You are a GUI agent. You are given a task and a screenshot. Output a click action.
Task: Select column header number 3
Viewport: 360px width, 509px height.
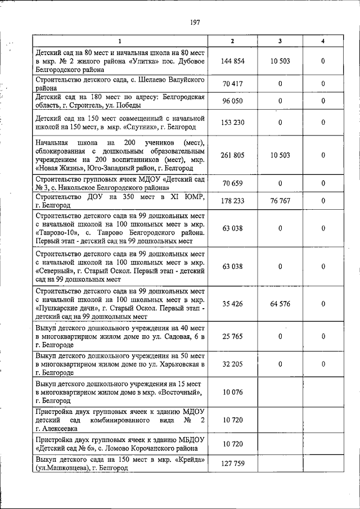click(280, 41)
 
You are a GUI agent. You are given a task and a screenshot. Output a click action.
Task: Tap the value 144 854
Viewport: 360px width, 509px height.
click(232, 61)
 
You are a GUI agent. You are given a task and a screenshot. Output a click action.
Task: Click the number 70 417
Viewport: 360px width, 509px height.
click(232, 84)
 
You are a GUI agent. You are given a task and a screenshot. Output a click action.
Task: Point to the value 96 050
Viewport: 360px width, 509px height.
click(232, 101)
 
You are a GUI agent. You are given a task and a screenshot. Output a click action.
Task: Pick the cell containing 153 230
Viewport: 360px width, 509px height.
click(232, 123)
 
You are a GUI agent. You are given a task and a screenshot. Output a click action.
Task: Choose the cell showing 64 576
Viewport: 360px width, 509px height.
click(280, 304)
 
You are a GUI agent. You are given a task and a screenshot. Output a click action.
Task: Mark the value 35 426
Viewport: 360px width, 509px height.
click(232, 304)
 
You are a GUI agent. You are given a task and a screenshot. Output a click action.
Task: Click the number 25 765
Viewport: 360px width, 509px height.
click(232, 336)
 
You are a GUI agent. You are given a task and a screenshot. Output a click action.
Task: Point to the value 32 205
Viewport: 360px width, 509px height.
click(232, 364)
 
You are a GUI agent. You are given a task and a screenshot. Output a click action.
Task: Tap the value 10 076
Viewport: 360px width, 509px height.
click(232, 391)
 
